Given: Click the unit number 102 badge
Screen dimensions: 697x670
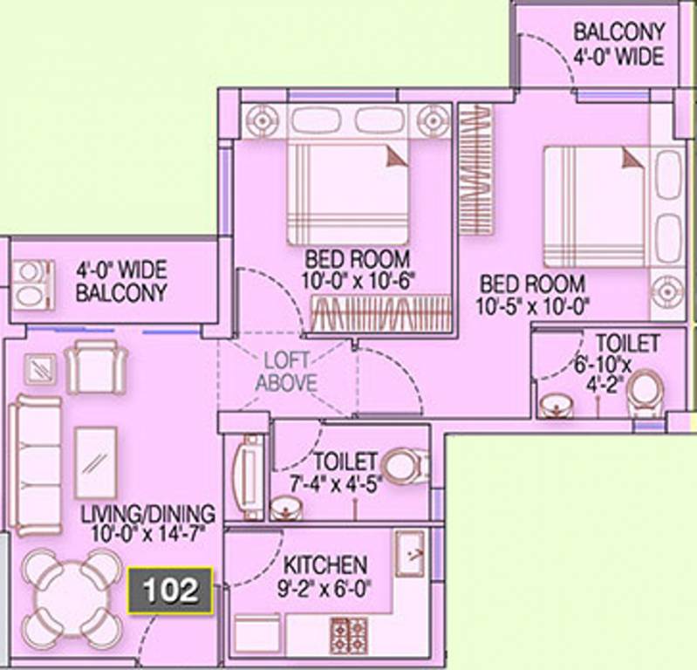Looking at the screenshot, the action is point(170,591).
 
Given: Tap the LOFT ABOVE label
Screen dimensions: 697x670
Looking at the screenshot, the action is point(287,372).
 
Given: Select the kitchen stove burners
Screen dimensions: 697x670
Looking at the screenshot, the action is point(350,635).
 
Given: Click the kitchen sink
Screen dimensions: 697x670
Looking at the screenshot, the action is point(410,554).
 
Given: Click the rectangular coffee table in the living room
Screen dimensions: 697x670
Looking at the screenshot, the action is point(96,463).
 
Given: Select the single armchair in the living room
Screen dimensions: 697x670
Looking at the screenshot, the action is point(97,366).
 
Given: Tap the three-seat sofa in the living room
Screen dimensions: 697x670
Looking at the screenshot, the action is point(35,465).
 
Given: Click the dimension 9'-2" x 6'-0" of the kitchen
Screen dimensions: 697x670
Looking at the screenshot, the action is point(324,590).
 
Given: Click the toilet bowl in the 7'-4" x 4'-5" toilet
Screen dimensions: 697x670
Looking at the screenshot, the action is point(405,466).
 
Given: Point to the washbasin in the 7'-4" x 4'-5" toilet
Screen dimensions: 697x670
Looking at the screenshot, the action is point(287,508).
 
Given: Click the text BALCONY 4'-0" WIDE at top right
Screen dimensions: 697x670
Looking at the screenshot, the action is point(619,44).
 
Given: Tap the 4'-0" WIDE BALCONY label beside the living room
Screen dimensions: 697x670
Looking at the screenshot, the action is point(121,281).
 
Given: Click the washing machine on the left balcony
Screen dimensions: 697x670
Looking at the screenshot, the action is point(33,284).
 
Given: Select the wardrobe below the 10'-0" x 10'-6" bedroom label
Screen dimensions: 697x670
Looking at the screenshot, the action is point(381,313).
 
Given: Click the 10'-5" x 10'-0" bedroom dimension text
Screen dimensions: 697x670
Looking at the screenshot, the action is point(532,307).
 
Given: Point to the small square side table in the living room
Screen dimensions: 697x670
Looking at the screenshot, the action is point(40,369).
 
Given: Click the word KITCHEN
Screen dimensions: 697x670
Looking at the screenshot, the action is point(325,565).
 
